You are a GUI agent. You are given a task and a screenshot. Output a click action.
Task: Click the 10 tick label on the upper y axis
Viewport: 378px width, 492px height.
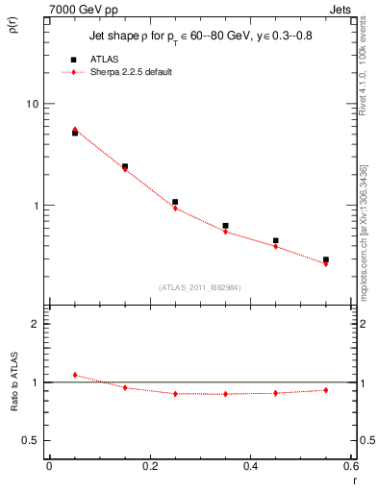tap(31, 104)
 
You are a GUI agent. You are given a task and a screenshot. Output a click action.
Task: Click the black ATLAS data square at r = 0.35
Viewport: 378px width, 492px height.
tap(225, 226)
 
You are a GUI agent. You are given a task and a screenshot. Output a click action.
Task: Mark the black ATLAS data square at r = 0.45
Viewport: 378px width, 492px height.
tap(276, 240)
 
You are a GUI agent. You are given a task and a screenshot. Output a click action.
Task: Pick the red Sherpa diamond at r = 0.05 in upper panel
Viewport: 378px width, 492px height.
tap(75, 129)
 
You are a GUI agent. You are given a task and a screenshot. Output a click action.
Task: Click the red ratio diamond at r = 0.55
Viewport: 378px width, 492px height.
tap(326, 390)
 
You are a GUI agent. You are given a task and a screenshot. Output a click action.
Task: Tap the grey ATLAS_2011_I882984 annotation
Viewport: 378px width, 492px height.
tap(201, 286)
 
